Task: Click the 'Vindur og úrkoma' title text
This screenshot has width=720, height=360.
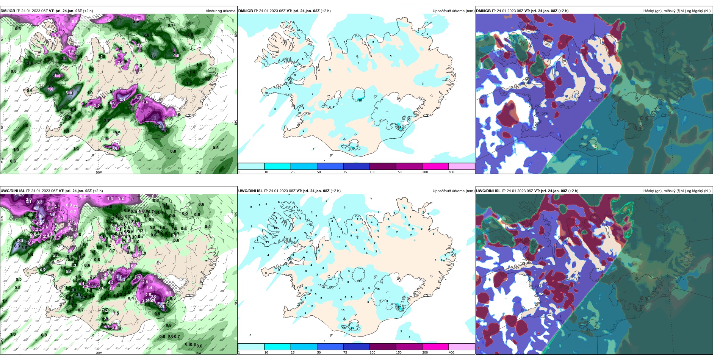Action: [x=220, y=11]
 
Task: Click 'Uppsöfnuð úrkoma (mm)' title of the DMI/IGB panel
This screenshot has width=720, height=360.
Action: [x=453, y=11]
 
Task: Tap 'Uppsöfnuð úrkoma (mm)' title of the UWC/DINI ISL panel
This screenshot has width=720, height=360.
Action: [x=453, y=191]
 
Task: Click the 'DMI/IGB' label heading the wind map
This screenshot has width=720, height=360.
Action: [x=8, y=11]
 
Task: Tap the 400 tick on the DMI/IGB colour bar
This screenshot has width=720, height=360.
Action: [x=451, y=172]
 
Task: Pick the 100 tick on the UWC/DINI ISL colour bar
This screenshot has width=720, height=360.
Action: [x=373, y=352]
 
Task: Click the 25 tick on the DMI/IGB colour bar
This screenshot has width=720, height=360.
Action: [x=293, y=172]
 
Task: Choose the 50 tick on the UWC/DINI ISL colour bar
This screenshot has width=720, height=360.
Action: [x=319, y=352]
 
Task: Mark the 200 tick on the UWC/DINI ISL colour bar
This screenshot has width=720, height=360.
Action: [x=425, y=352]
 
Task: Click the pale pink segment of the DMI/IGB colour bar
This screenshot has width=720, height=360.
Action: [x=462, y=166]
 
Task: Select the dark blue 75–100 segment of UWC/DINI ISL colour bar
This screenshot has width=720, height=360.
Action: [x=356, y=347]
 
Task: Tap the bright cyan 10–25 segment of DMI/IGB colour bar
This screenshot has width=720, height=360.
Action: [x=277, y=166]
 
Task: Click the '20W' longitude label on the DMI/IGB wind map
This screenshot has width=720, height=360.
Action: [x=99, y=172]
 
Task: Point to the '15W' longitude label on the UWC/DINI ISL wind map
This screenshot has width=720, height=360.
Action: [x=198, y=353]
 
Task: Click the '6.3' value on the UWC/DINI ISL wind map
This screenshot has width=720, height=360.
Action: [x=17, y=246]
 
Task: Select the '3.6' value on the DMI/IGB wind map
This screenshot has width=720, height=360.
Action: [x=153, y=56]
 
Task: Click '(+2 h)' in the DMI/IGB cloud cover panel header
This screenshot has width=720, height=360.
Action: [x=563, y=11]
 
